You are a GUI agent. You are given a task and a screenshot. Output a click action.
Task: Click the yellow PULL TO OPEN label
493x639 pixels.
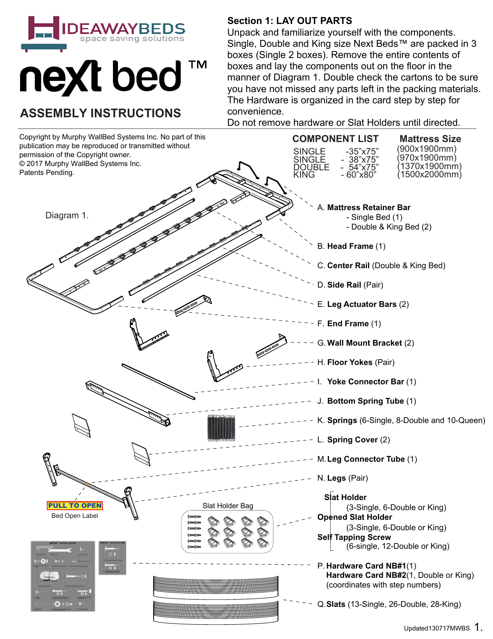click(75, 505)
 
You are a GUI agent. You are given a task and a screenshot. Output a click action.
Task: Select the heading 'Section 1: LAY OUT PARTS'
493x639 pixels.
click(290, 21)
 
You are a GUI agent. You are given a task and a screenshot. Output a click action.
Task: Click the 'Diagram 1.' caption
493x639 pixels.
click(67, 216)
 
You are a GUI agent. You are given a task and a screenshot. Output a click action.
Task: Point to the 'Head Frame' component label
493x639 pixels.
click(350, 246)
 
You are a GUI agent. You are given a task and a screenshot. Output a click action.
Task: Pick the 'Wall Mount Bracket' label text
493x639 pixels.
click(364, 343)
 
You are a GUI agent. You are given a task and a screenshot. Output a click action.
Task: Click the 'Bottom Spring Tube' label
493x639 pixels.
click(365, 401)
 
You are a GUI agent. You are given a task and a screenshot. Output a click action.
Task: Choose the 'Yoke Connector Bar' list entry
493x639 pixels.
click(365, 382)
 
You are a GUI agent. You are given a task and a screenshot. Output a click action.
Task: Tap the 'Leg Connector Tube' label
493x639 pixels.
click(366, 459)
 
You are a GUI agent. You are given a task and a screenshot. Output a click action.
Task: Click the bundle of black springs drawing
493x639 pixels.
click(221, 428)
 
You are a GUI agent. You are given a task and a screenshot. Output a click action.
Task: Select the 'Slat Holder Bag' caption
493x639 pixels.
click(228, 506)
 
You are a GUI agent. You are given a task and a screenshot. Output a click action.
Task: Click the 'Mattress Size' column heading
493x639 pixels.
click(430, 139)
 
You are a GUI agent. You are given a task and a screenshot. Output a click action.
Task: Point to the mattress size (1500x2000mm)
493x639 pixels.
click(429, 175)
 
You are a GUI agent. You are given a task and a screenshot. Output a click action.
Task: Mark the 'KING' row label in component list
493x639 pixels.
click(304, 175)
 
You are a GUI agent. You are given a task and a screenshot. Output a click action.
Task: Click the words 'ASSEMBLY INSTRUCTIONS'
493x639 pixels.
click(101, 113)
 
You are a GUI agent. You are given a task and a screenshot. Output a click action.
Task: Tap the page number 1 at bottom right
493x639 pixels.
click(478, 627)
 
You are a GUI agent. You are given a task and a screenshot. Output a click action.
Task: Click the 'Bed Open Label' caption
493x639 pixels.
click(75, 516)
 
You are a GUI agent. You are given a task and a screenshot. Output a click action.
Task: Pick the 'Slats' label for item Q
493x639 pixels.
click(336, 604)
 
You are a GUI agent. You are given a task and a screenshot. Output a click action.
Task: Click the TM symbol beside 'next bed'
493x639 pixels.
click(198, 65)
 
